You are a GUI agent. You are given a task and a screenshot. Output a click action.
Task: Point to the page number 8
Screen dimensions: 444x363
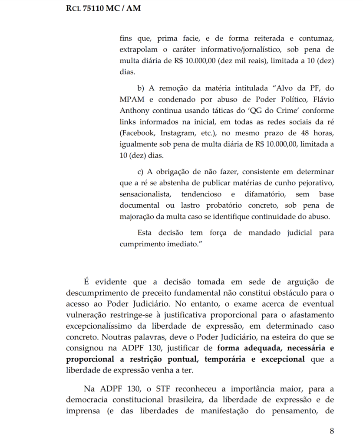(332, 431)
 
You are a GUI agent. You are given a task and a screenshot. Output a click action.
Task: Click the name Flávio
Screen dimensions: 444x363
(323, 99)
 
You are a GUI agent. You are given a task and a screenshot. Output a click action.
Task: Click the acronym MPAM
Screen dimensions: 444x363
(132, 99)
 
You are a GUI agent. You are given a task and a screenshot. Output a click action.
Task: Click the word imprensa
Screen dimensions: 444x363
(83, 410)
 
